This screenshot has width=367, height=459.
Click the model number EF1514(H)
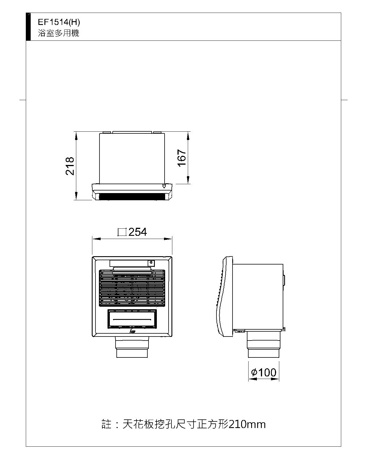59,22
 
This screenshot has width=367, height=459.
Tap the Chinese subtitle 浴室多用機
58,33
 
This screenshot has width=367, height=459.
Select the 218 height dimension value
70,166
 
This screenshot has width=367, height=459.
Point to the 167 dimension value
182,158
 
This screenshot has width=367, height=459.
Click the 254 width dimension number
138,232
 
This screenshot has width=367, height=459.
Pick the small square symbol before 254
122,232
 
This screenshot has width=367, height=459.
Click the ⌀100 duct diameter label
264,372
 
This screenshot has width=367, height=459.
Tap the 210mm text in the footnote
247,425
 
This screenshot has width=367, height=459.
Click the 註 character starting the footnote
106,424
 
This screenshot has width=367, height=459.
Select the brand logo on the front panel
132,331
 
